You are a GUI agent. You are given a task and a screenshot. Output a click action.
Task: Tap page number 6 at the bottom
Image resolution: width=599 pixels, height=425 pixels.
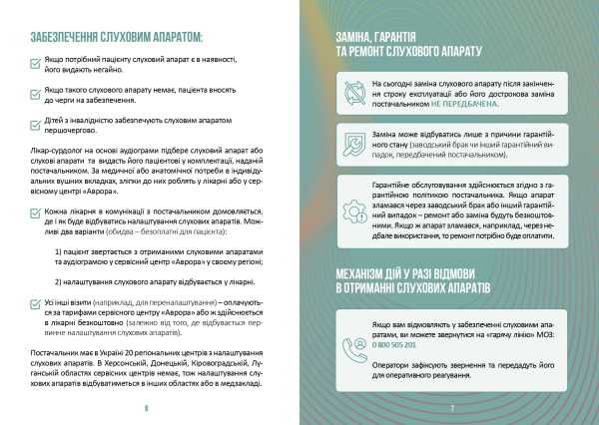pyautogui.click(x=146, y=407)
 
